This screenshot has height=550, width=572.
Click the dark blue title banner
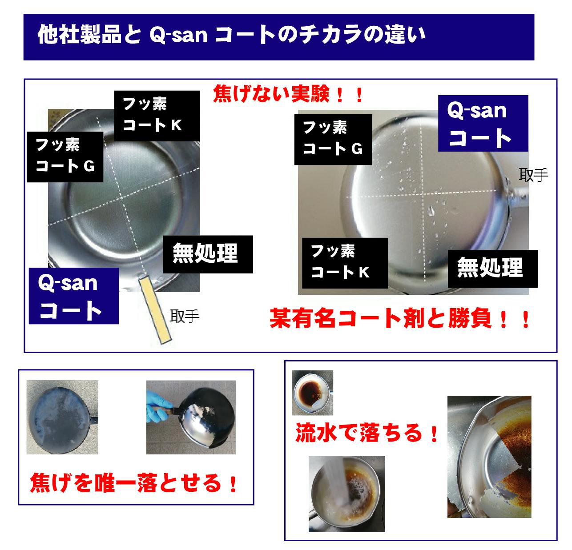278,37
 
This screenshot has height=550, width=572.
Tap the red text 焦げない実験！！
288,94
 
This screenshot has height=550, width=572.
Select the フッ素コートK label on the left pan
157,116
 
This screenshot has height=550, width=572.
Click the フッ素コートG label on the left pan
65,157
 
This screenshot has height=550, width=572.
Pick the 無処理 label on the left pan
208,254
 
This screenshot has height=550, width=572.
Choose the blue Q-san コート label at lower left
74,296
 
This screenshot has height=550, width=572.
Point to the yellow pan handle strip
155,310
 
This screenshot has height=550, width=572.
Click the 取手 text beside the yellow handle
185,317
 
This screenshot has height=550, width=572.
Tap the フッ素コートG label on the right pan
333,139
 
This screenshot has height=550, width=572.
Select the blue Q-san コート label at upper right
483,123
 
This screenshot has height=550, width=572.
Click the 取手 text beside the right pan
533,175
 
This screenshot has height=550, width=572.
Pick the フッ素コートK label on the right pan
345,263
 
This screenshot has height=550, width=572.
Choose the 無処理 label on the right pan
493,269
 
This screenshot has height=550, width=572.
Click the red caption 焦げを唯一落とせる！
134,483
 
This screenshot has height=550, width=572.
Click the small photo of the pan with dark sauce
312,393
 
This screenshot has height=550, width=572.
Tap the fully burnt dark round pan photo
62,417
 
